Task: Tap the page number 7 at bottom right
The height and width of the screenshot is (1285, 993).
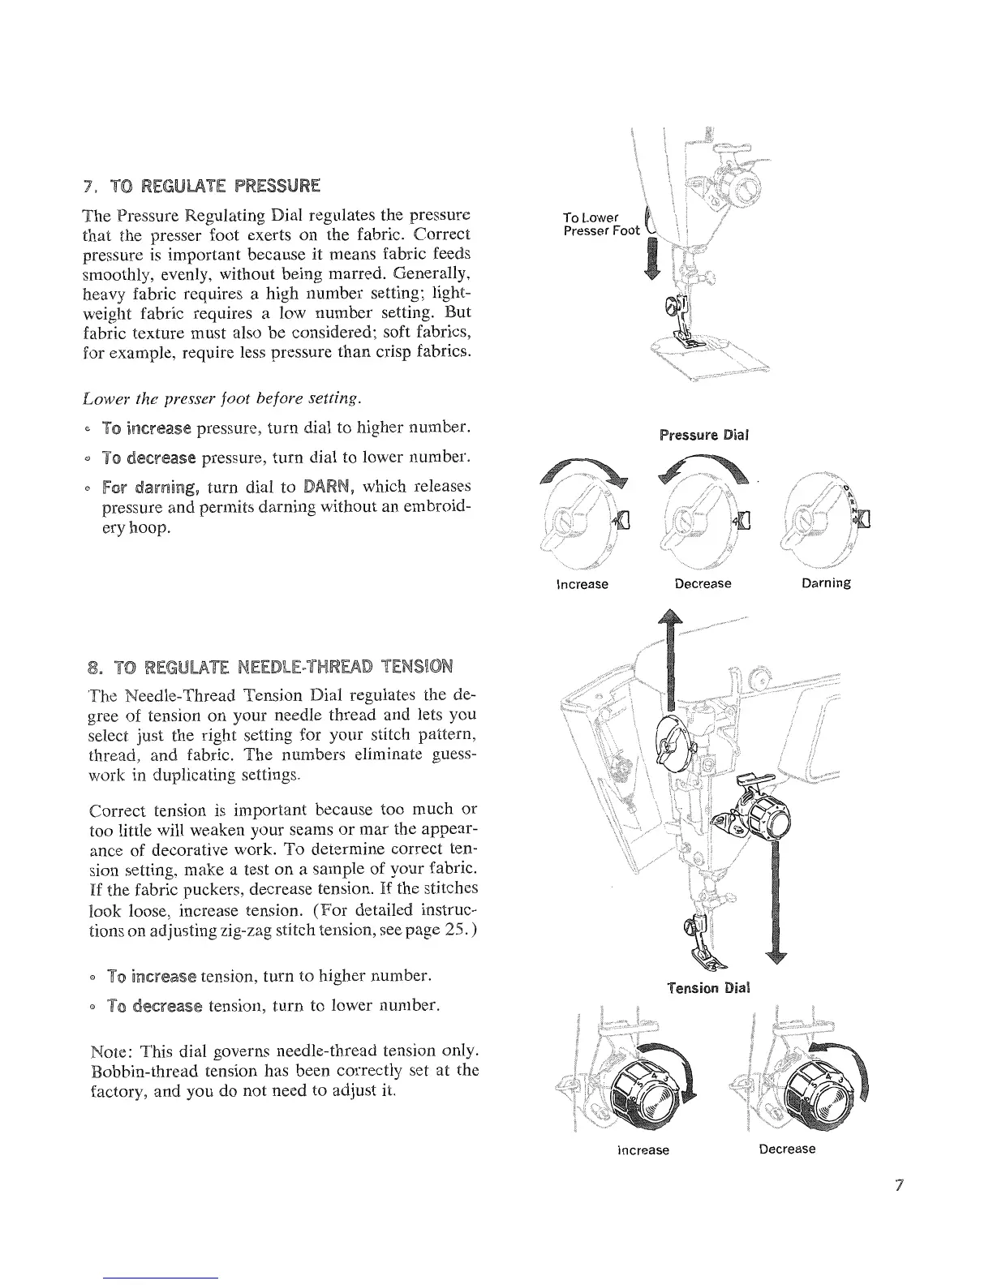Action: pyautogui.click(x=898, y=1185)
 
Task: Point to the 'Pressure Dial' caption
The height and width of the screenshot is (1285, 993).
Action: pyautogui.click(x=704, y=434)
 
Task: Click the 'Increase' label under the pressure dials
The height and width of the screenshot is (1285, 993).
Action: pyautogui.click(x=582, y=583)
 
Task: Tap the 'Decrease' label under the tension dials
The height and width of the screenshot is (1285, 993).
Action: pyautogui.click(x=787, y=1149)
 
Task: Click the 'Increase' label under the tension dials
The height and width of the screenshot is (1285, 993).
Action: pyautogui.click(x=643, y=1150)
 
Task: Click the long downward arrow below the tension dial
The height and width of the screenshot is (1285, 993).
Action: pyautogui.click(x=779, y=900)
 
